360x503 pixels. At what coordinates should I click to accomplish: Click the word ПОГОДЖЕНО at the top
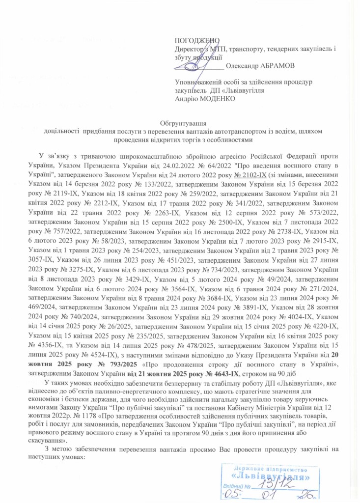click(196, 40)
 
